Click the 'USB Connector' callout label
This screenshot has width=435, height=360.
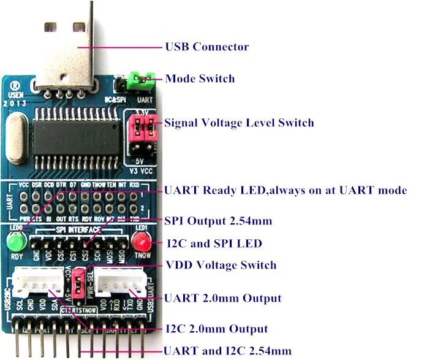pos(207,47)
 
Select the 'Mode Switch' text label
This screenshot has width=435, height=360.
pos(200,79)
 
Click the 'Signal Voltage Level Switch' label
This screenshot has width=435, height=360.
pos(239,123)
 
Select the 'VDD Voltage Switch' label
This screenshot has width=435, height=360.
pos(221,266)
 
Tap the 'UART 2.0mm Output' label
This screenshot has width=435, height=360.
pos(222,299)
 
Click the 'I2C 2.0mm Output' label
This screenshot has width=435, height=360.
pos(216,329)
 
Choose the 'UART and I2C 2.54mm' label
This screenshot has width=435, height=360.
pos(227,351)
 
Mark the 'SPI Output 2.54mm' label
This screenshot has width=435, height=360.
pos(217,221)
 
